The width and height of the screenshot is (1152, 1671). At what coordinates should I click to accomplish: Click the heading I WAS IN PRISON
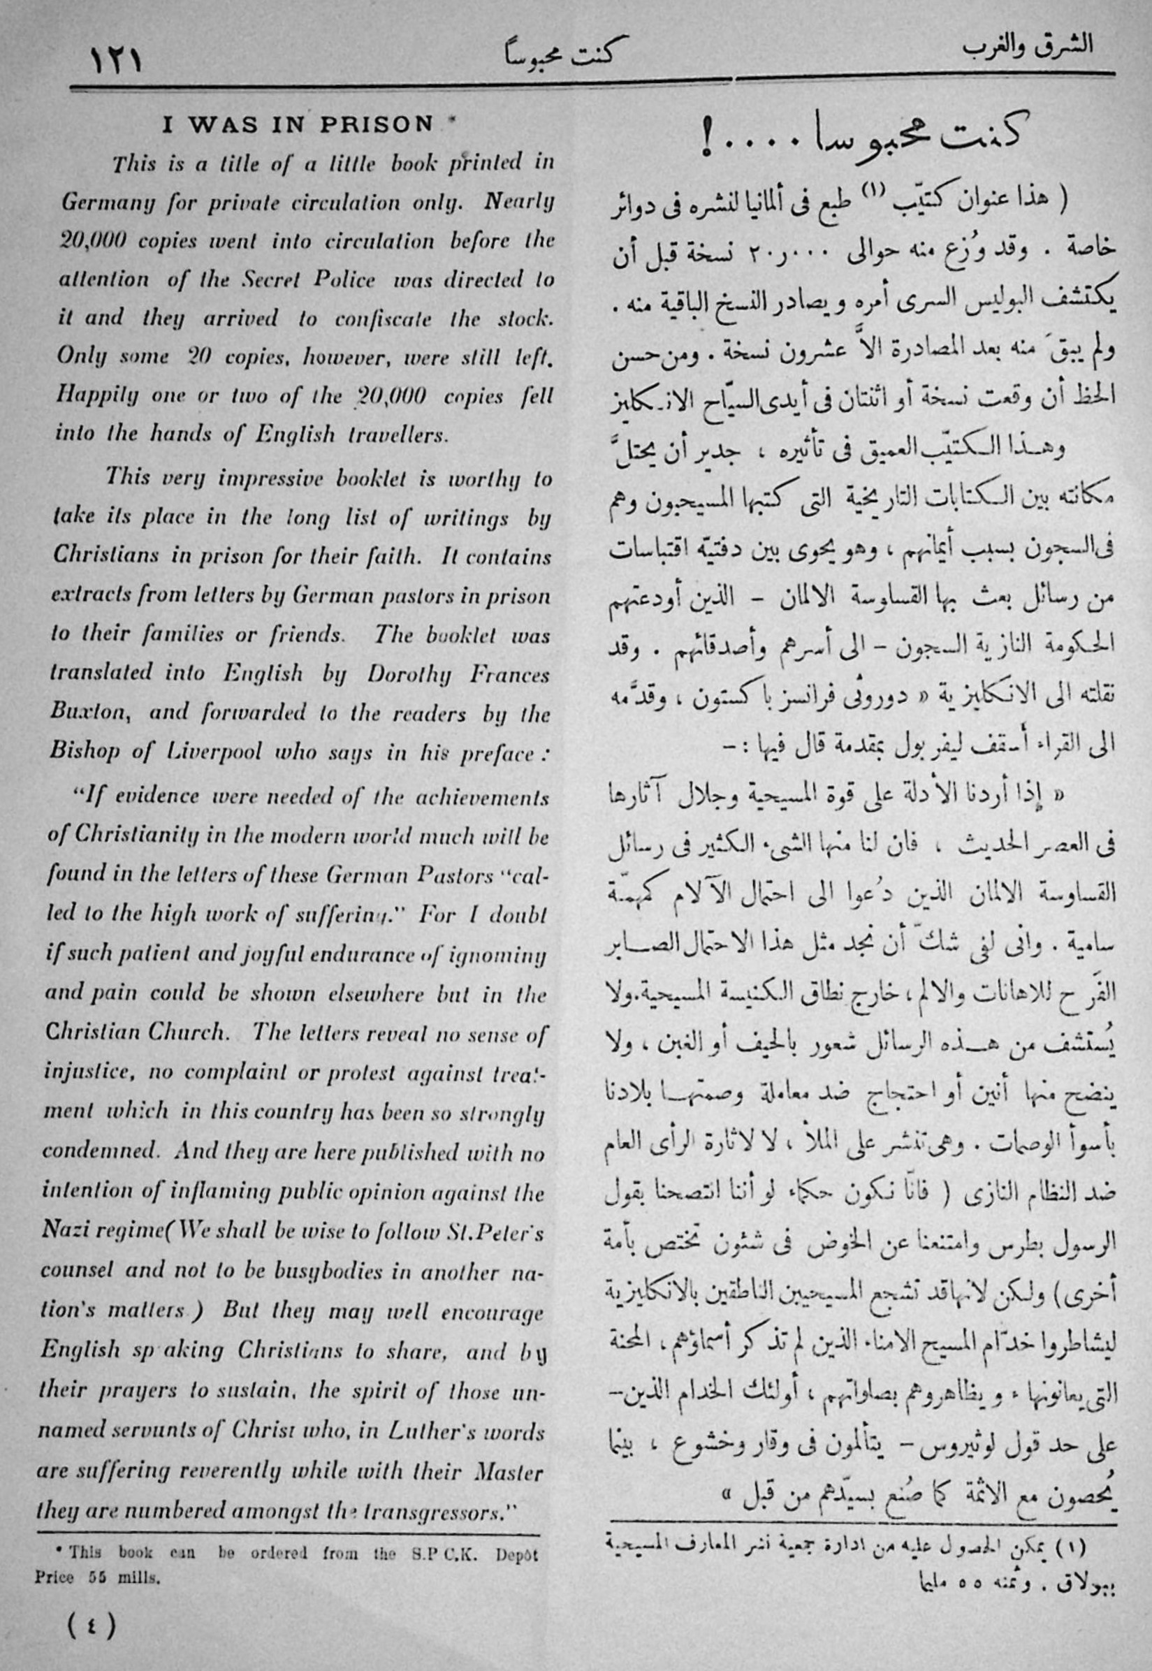click(298, 124)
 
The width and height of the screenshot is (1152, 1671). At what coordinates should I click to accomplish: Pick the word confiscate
click(383, 319)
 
